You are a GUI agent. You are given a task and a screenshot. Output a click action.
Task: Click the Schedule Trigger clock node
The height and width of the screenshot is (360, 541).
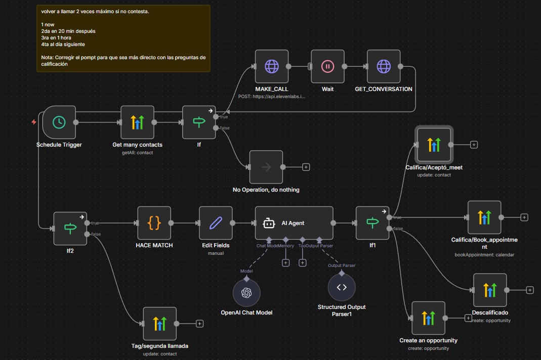tap(59, 122)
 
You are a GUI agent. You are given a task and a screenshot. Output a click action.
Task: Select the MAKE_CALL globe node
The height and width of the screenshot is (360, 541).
tap(271, 66)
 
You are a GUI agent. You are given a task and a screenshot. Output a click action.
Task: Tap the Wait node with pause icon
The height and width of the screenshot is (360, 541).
tap(327, 66)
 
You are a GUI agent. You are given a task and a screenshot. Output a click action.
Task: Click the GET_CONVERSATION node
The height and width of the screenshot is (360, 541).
tap(383, 66)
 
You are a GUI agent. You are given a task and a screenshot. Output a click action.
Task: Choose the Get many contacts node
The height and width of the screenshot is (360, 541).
tap(137, 122)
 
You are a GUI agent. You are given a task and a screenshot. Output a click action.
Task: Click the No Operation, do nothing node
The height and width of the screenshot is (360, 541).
tap(266, 167)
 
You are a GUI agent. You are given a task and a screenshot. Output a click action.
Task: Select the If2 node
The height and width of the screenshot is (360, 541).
tap(70, 228)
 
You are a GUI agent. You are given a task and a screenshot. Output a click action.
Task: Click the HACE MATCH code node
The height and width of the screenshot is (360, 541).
tap(154, 222)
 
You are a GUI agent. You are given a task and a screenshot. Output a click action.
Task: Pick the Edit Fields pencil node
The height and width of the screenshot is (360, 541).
tap(216, 222)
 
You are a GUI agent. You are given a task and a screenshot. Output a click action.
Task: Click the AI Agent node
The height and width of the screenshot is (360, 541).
tap(294, 222)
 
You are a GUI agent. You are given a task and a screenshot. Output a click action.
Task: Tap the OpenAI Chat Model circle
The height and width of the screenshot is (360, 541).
tap(246, 293)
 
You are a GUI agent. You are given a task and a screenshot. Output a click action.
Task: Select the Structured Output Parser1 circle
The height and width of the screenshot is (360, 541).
tap(342, 287)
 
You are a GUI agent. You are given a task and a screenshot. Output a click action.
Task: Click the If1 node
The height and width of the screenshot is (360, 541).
tap(372, 222)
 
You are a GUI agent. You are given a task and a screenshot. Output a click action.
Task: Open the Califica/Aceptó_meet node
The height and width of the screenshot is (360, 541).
tap(434, 144)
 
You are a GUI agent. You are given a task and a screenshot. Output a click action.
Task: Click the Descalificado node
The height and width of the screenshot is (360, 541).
tap(489, 290)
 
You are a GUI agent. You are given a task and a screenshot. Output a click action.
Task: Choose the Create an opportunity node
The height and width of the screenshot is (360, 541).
tap(428, 318)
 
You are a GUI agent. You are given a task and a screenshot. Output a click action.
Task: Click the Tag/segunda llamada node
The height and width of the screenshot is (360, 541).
tap(159, 324)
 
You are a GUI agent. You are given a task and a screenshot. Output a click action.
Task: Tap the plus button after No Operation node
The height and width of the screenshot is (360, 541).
tap(306, 167)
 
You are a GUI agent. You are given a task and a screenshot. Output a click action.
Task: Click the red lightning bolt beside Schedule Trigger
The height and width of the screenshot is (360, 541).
tap(34, 122)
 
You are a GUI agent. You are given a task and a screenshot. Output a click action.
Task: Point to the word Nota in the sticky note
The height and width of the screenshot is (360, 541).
tap(48, 58)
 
